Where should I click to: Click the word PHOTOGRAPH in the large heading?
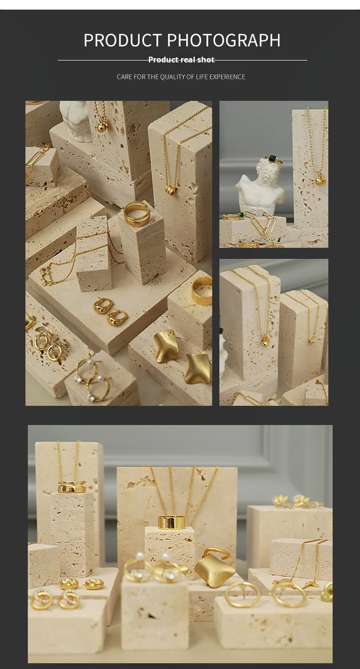pyautogui.click(x=224, y=40)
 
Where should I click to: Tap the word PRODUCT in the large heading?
pyautogui.click(x=122, y=40)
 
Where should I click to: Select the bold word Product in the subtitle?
pyautogui.click(x=164, y=60)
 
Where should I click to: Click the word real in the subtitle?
pyautogui.click(x=188, y=60)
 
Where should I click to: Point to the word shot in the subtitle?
pyautogui.click(x=205, y=60)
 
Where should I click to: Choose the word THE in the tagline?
pyautogui.click(x=153, y=77)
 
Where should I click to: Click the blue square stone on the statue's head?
pyautogui.click(x=273, y=158)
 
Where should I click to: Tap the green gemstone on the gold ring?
pyautogui.click(x=241, y=215)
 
